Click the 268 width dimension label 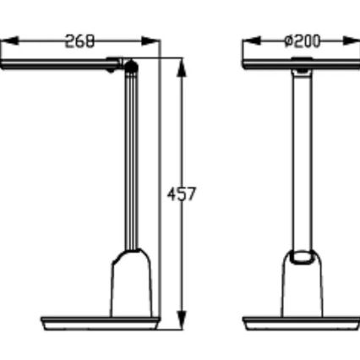(80, 41)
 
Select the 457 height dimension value (181, 194)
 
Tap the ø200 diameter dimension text (303, 41)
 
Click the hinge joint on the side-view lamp (129, 65)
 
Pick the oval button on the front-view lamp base (301, 258)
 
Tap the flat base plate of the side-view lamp (100, 322)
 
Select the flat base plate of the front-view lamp (301, 322)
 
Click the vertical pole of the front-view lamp (301, 161)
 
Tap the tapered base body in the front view (301, 292)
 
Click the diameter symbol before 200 (288, 41)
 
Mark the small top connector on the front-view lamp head (301, 58)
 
